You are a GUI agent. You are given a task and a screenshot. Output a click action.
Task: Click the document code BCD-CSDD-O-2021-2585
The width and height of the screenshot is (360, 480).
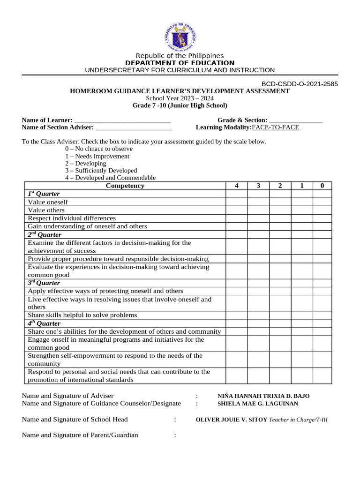point(300,84)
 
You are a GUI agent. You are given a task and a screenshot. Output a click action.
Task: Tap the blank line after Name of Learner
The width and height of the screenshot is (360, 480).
point(122,120)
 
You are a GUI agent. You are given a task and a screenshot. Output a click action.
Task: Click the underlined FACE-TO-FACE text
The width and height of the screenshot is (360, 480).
point(276,127)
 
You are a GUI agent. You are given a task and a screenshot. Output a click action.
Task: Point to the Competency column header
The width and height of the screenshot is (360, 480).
point(125,186)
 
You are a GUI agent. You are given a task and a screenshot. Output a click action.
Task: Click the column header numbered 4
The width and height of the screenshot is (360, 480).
point(237,186)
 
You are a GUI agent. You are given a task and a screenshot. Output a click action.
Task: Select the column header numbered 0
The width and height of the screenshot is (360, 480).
point(322,186)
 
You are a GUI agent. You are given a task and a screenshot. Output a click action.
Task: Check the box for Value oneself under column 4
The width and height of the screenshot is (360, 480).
point(237,202)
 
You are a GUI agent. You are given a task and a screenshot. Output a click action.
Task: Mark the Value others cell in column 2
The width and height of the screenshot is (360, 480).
point(280,210)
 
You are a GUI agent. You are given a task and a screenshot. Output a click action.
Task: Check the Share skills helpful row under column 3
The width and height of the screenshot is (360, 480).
point(258,315)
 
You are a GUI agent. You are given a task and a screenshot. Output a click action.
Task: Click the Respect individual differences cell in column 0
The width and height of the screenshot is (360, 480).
point(322,218)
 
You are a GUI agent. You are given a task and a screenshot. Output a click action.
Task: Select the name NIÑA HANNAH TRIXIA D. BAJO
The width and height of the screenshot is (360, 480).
point(263,396)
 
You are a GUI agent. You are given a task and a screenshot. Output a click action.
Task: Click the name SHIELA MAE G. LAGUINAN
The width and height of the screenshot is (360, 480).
point(257,404)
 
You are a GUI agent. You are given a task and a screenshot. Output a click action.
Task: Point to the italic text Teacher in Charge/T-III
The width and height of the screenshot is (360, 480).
point(298,420)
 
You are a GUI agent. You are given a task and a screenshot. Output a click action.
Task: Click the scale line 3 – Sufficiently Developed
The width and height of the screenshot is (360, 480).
point(101,171)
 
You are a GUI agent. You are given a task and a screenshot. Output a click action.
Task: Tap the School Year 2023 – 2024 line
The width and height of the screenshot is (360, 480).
point(180,98)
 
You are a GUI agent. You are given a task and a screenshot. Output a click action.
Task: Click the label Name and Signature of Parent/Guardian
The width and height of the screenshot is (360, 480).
point(80,435)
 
